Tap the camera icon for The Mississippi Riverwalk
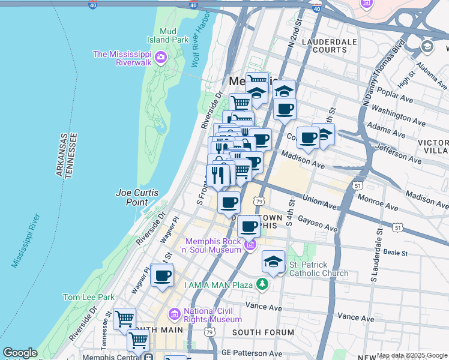pyautogui.click(x=160, y=58)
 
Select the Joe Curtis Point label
pyautogui.click(x=137, y=197)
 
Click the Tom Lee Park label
pyautogui.click(x=89, y=297)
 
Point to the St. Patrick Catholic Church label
pyautogui.click(x=318, y=269)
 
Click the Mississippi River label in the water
pyautogui.click(x=25, y=240)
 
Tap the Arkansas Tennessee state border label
pyautogui.click(x=67, y=155)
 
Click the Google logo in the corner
pyautogui.click(x=20, y=353)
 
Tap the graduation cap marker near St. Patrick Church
pyautogui.click(x=273, y=262)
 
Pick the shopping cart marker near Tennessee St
pyautogui.click(x=124, y=319)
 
